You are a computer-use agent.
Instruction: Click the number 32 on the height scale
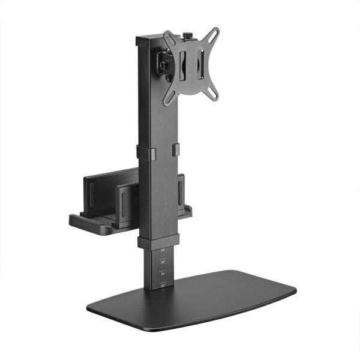point(163,286)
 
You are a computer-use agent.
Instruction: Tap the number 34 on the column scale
point(163,272)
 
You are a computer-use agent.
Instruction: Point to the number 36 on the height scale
point(163,261)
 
